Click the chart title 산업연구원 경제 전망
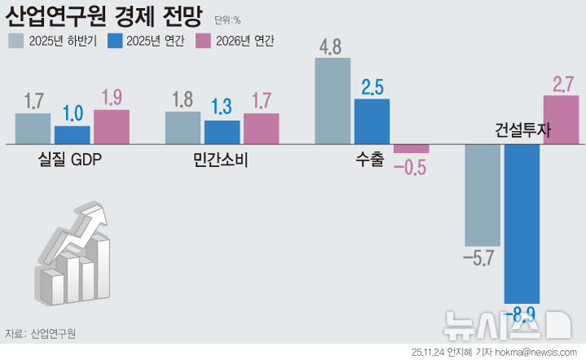click(x=107, y=16)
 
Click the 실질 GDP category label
click(x=70, y=160)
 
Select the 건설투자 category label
click(x=523, y=130)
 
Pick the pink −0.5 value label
click(x=410, y=168)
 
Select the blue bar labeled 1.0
click(x=72, y=135)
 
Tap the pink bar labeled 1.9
click(x=112, y=127)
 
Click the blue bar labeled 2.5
click(x=372, y=121)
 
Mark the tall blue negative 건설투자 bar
click(x=522, y=220)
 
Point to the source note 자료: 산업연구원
click(x=40, y=333)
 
